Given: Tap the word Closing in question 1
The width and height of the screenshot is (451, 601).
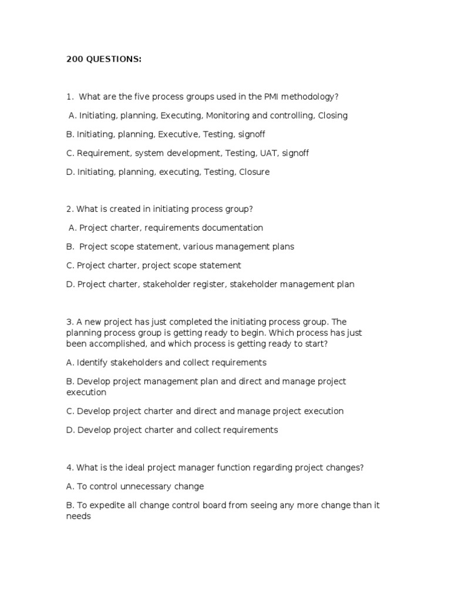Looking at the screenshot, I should (x=333, y=116).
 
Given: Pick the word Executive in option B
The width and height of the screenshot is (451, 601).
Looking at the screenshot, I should (x=178, y=134).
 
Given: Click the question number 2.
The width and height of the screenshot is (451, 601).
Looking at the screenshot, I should (x=69, y=209).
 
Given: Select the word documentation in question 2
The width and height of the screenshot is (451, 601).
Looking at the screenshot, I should (x=231, y=228).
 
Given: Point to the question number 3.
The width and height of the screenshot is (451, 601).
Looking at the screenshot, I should (x=69, y=322).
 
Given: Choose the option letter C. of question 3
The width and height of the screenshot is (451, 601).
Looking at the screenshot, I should (x=70, y=411).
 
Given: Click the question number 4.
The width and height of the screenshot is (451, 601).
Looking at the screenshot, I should (x=69, y=468).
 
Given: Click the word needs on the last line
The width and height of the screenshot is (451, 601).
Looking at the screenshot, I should (x=79, y=516).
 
